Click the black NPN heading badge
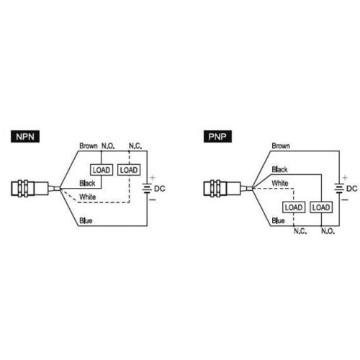tap(25, 137)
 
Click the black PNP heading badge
tap(217, 137)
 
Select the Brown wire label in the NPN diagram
tap(89, 146)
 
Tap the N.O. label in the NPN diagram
tap(108, 146)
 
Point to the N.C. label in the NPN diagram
tap(135, 146)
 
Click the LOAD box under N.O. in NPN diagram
tap(102, 170)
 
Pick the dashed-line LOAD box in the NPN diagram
tap(129, 170)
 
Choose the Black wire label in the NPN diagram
tap(87, 184)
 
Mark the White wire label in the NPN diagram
tap(88, 197)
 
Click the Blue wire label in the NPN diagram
tap(86, 221)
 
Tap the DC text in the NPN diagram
tap(160, 189)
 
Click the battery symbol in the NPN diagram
tap(147, 189)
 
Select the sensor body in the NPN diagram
tap(30, 189)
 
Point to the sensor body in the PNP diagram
tap(222, 189)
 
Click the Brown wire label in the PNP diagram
tap(281, 146)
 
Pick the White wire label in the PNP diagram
tap(280, 184)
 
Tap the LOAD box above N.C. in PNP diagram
tap(294, 207)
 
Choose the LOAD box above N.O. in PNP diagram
tap(321, 207)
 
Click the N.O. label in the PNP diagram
tap(328, 231)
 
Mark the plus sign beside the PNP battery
tap(345, 178)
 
